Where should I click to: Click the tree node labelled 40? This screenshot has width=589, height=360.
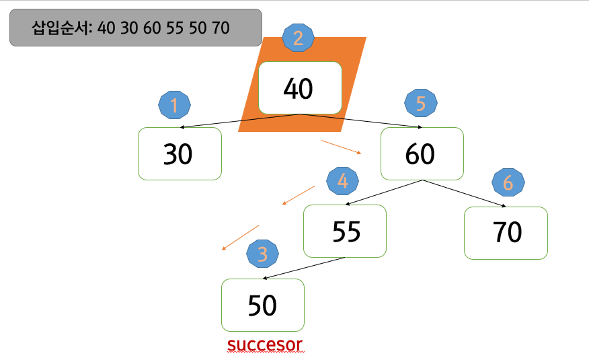pyautogui.click(x=300, y=88)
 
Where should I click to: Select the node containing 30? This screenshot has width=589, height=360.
pyautogui.click(x=180, y=154)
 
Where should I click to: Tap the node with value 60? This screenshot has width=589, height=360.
pyautogui.click(x=422, y=154)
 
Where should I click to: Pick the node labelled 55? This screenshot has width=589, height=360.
pyautogui.click(x=345, y=231)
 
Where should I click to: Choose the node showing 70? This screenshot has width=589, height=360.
pyautogui.click(x=506, y=232)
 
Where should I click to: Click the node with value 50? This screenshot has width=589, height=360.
pyautogui.click(x=263, y=305)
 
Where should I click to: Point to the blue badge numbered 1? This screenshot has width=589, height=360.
pyautogui.click(x=175, y=106)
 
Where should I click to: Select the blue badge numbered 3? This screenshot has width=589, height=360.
pyautogui.click(x=263, y=254)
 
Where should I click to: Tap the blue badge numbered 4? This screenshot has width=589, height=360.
pyautogui.click(x=342, y=180)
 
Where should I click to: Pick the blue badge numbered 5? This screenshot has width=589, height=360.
pyautogui.click(x=421, y=104)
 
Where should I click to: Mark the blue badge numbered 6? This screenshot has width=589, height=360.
pyautogui.click(x=508, y=182)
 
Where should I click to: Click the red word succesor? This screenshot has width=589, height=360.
pyautogui.click(x=265, y=345)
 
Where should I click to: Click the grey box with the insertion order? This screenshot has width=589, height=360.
pyautogui.click(x=135, y=28)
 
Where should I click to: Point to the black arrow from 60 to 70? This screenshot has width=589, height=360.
pyautogui.click(x=464, y=193)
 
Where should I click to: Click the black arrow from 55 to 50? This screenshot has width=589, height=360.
pyautogui.click(x=304, y=268)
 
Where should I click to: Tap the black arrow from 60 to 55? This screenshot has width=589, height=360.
pyautogui.click(x=383, y=193)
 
